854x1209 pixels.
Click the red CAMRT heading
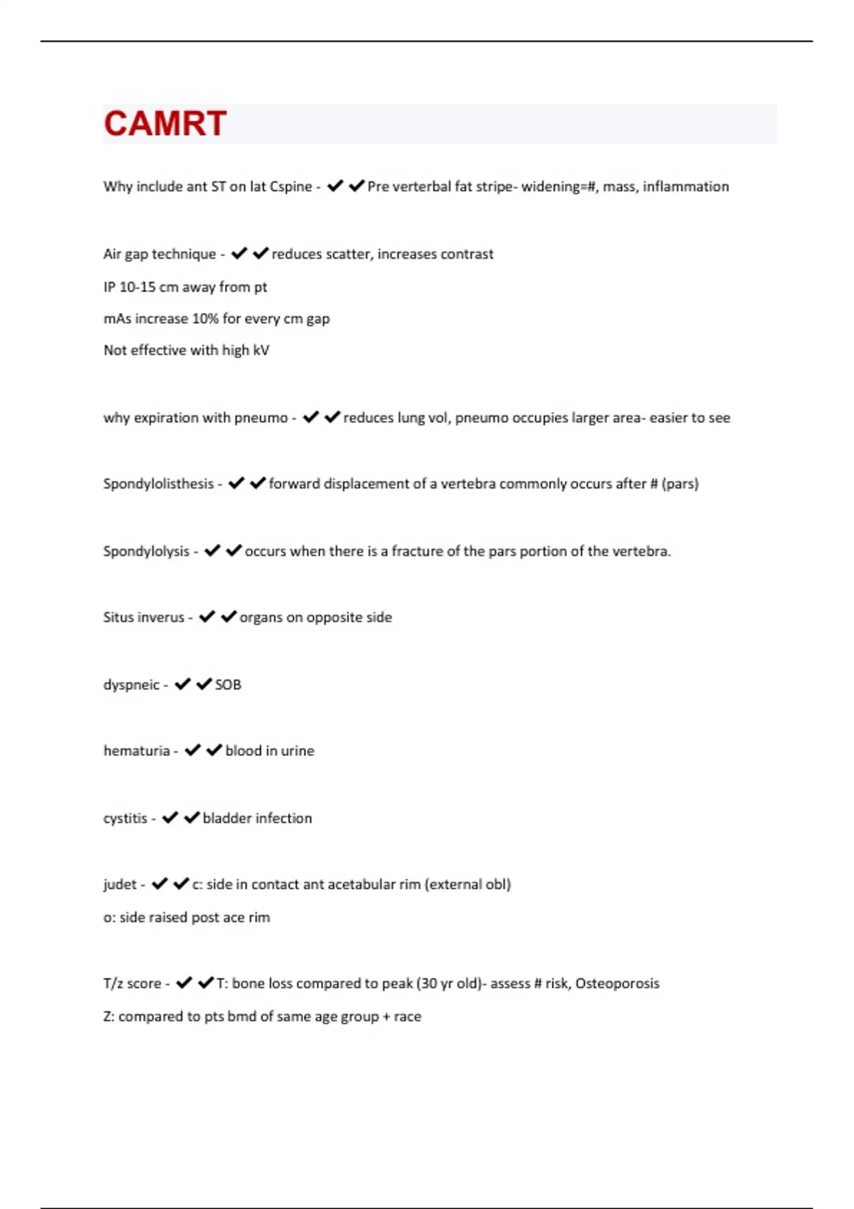[165, 124]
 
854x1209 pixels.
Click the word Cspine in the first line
[290, 187]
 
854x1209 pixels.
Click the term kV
[260, 351]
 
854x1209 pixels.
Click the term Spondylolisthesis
[158, 484]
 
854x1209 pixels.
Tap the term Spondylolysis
[146, 552]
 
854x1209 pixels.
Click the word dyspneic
[131, 685]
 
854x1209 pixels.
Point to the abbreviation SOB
[228, 685]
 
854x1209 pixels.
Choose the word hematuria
[137, 751]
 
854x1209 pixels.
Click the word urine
[297, 751]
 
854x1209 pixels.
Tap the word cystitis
[125, 819]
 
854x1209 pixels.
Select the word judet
[120, 885]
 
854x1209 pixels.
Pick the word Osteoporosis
[617, 984]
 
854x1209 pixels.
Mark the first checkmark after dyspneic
[183, 684]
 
